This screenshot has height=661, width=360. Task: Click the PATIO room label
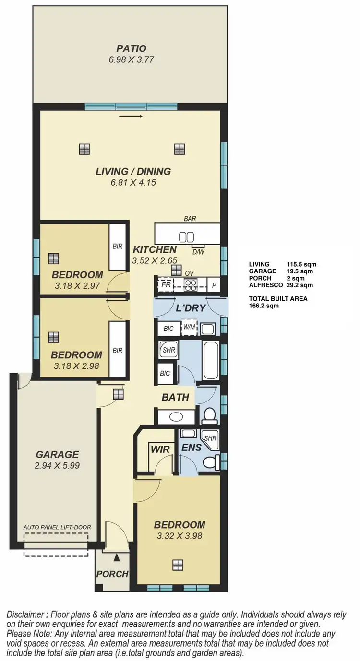point(131,48)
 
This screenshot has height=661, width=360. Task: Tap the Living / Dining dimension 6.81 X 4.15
point(133,183)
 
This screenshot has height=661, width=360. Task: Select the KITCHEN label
point(155,249)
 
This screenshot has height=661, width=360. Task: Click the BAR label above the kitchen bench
point(190,219)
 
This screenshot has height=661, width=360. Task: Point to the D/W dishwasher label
point(198,251)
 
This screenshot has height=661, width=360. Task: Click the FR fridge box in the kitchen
point(166,284)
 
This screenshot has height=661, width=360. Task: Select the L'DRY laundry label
point(190,308)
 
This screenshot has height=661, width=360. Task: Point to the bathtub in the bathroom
point(211,360)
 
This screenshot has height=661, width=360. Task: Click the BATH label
point(175,397)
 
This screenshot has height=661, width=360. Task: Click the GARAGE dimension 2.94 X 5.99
point(57,465)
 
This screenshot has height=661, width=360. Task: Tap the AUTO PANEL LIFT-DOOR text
point(57,527)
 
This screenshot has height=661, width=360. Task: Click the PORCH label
point(112,574)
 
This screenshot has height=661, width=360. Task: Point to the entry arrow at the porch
point(117,557)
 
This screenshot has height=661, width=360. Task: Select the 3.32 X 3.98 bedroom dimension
point(179,536)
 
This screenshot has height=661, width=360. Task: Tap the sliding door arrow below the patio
point(131,116)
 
